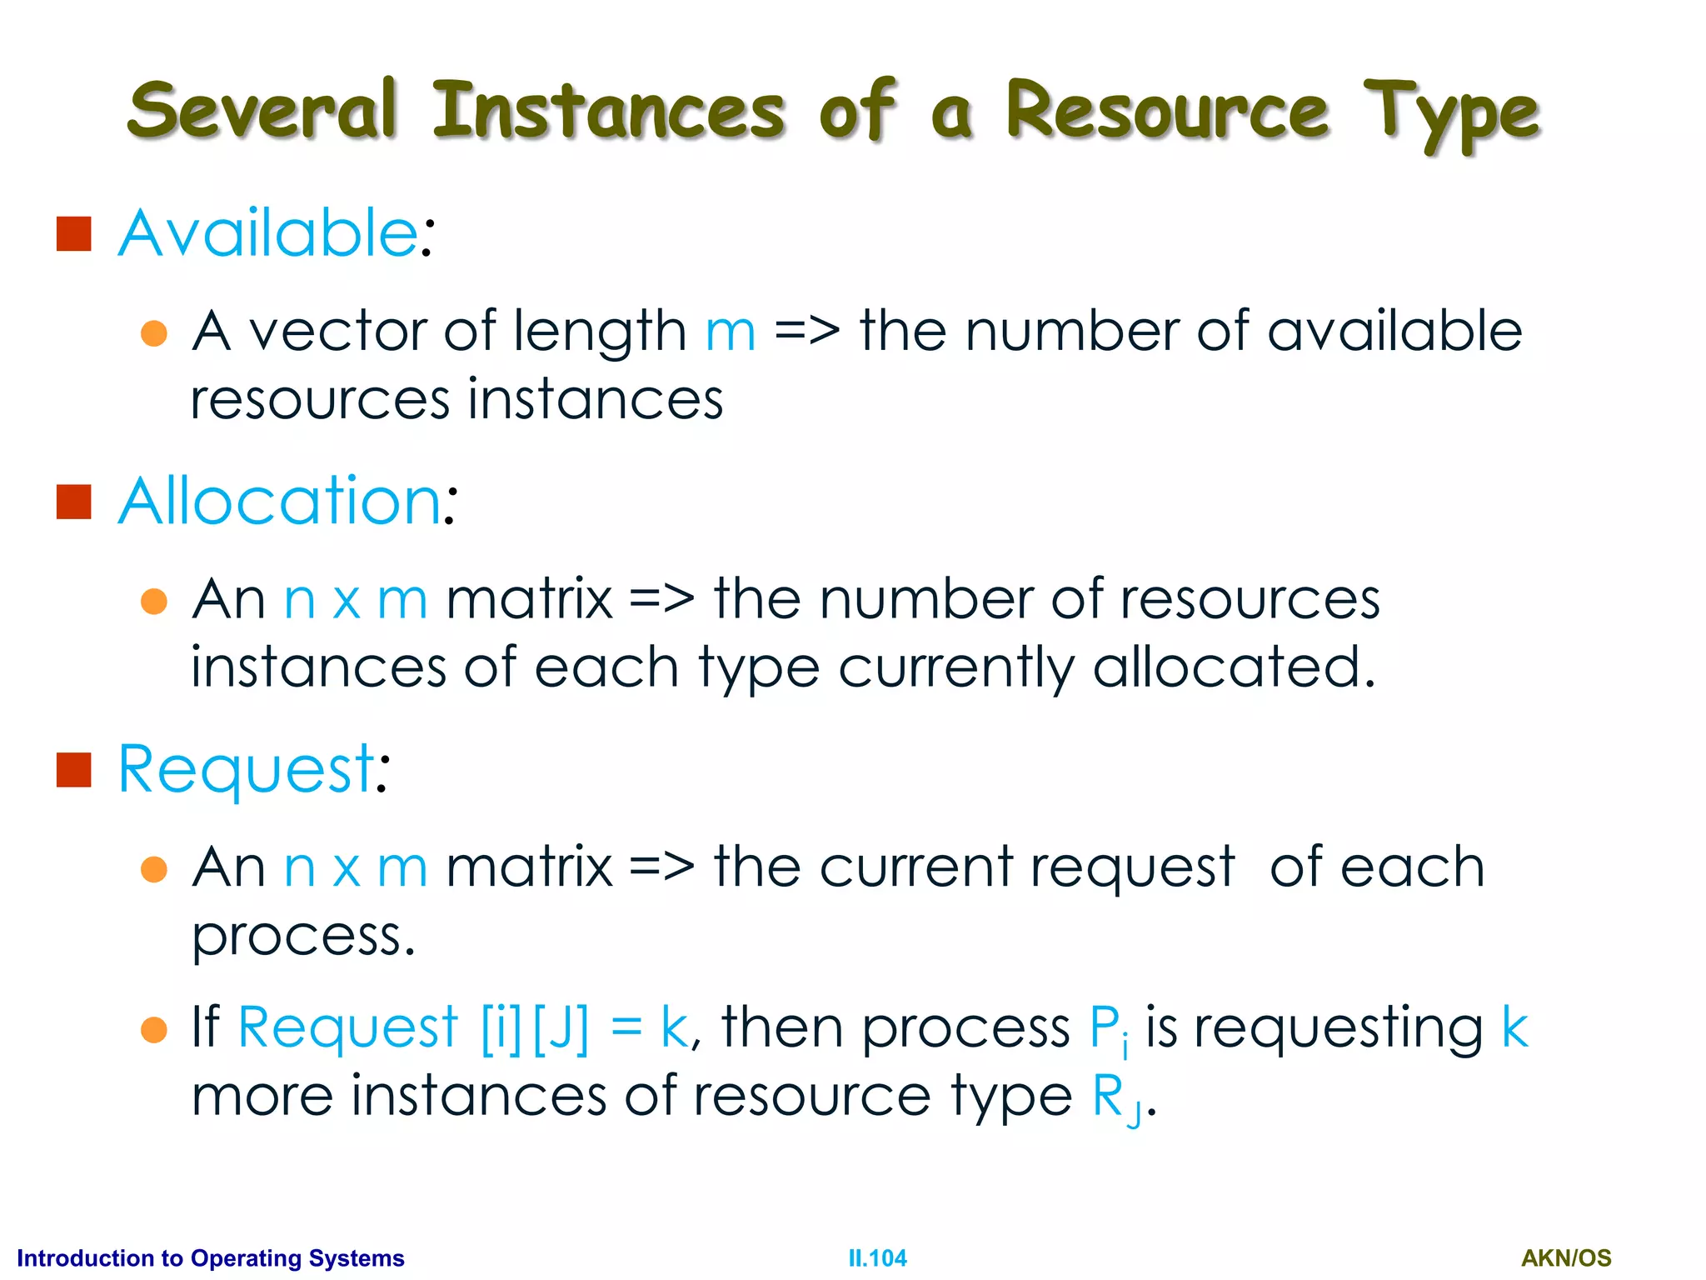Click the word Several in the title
(261, 111)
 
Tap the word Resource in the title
(1166, 111)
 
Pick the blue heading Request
(247, 768)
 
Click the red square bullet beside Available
(73, 234)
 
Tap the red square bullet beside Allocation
(73, 502)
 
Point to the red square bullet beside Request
(73, 770)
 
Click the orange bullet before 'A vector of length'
(154, 333)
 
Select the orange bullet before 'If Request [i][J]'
(154, 1030)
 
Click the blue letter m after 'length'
(731, 332)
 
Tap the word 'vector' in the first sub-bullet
(338, 332)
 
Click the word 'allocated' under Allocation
(1233, 667)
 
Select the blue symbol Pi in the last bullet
(1109, 1030)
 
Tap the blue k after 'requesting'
(1514, 1027)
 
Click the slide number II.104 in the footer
(877, 1258)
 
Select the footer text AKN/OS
(1566, 1258)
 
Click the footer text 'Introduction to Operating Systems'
(211, 1258)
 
